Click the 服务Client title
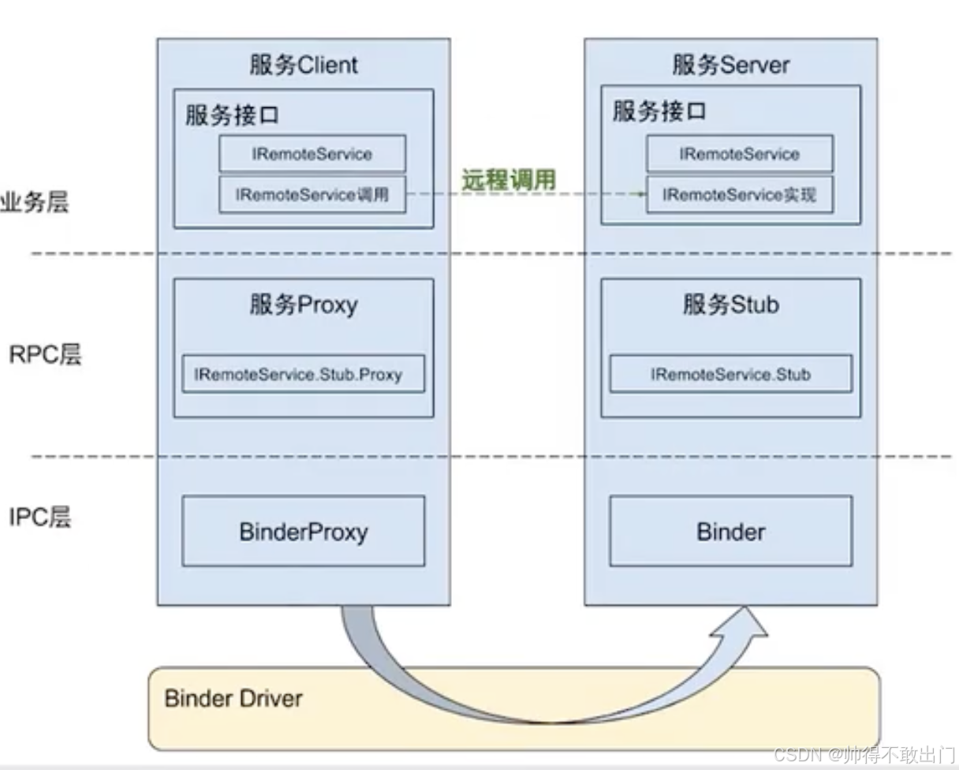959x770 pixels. (304, 65)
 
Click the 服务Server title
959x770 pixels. (730, 65)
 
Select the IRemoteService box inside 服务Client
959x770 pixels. (312, 154)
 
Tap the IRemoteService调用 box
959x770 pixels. (312, 195)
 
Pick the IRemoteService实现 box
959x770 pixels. (739, 195)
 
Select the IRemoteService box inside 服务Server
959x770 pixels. (739, 154)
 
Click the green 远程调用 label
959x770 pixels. (509, 180)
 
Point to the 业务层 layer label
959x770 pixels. (35, 202)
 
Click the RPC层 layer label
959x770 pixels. (45, 354)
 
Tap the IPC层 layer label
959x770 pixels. (40, 518)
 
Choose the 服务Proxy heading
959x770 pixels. (304, 305)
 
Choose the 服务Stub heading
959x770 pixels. (730, 305)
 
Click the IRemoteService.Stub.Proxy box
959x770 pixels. (303, 375)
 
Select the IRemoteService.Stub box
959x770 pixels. (730, 375)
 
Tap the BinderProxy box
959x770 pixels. (303, 531)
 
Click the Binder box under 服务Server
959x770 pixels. (730, 531)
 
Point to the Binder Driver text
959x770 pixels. (233, 698)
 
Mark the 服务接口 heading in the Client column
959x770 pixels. (232, 115)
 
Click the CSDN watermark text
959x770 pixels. (864, 754)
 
